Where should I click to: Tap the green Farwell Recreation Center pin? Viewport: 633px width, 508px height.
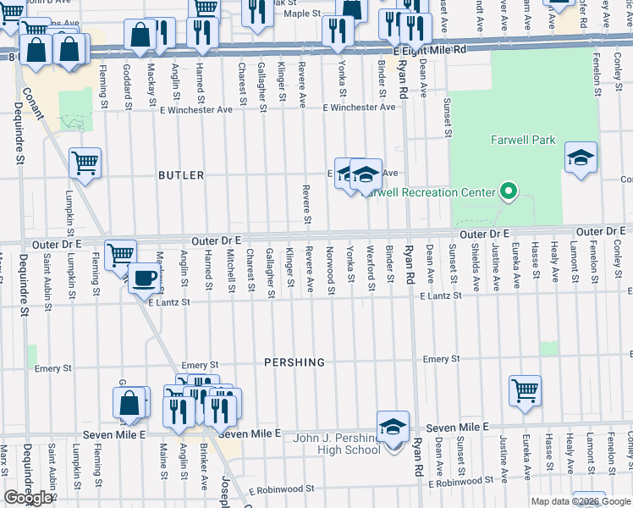508,192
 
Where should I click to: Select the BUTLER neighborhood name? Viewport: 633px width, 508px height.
181,175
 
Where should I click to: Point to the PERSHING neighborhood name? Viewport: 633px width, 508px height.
294,362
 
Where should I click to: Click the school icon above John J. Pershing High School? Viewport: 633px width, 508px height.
393,428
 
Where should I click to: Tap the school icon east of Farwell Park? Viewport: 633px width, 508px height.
581,158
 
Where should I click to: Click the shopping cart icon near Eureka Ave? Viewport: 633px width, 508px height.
526,392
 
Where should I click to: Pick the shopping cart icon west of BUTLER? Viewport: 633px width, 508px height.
85,163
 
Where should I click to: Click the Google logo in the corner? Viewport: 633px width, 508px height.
28,497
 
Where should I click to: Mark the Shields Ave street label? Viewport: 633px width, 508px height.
475,267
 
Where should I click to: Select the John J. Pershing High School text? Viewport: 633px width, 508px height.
337,444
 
